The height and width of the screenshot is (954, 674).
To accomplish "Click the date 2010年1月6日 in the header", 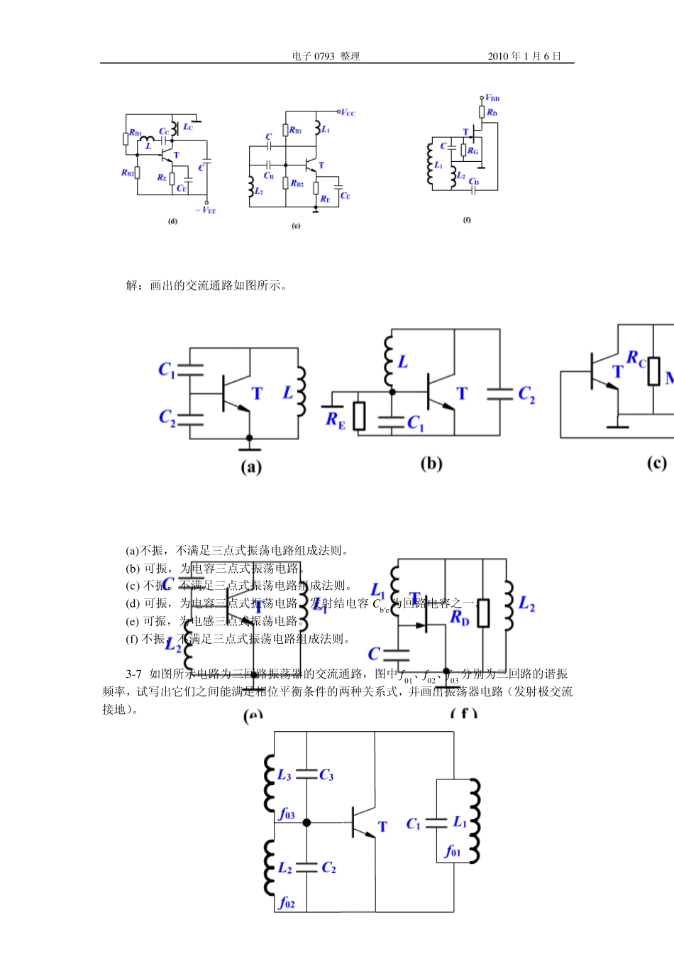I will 524,56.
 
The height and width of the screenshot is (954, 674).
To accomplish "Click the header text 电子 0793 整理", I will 326,56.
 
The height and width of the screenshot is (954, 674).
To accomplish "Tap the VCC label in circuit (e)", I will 348,112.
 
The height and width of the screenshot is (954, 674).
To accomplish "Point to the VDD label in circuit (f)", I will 492,98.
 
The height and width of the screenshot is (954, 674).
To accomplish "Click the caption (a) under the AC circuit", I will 251,467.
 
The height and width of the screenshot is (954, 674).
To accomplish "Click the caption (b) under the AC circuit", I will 431,464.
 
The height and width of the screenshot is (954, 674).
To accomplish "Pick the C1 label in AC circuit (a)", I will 166,370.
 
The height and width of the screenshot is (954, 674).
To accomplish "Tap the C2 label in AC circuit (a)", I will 167,417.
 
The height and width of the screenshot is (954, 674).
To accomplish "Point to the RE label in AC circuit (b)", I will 335,420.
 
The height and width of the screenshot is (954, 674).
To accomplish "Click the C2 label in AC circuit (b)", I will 526,394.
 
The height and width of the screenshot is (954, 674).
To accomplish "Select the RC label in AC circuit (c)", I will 636,359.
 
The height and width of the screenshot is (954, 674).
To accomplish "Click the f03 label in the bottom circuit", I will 287,814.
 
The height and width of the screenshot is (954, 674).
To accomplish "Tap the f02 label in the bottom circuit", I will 287,902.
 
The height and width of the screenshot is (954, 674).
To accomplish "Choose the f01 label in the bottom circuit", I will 452,851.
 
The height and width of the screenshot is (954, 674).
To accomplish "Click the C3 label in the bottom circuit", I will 326,775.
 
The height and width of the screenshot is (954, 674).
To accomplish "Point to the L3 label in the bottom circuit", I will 284,775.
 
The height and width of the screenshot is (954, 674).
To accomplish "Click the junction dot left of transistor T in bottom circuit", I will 306,823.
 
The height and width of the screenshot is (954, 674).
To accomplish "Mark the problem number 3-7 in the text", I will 134,674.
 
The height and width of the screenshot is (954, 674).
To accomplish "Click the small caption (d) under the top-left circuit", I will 172,221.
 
